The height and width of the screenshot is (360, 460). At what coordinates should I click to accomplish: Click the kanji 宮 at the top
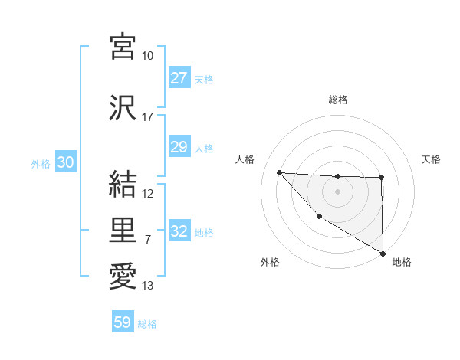pyautogui.click(x=123, y=47)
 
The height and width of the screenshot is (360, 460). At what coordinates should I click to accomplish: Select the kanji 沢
pyautogui.click(x=123, y=108)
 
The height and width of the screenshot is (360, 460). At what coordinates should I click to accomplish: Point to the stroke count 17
pyautogui.click(x=148, y=117)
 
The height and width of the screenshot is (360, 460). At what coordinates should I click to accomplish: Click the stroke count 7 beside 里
pyautogui.click(x=148, y=240)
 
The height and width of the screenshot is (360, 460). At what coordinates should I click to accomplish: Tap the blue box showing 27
pyautogui.click(x=179, y=78)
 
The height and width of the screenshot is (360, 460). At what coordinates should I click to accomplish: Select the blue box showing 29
pyautogui.click(x=179, y=147)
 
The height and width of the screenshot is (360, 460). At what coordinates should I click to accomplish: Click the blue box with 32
pyautogui.click(x=179, y=231)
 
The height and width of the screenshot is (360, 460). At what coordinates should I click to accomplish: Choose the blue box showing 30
pyautogui.click(x=65, y=162)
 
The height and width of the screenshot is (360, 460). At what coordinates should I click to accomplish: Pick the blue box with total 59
pyautogui.click(x=122, y=322)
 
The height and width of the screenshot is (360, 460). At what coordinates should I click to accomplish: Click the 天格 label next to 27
pyautogui.click(x=204, y=79)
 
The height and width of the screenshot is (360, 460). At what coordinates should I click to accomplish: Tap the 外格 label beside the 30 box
pyautogui.click(x=41, y=163)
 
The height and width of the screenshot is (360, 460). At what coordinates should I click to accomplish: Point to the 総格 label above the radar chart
pyautogui.click(x=337, y=100)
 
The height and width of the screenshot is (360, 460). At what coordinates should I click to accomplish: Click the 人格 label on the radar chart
pyautogui.click(x=245, y=159)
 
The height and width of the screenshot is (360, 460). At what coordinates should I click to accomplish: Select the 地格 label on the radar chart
pyautogui.click(x=402, y=262)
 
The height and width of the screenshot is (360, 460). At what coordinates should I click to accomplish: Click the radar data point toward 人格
pyautogui.click(x=279, y=172)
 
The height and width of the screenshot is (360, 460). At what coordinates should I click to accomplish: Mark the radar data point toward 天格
pyautogui.click(x=381, y=178)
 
